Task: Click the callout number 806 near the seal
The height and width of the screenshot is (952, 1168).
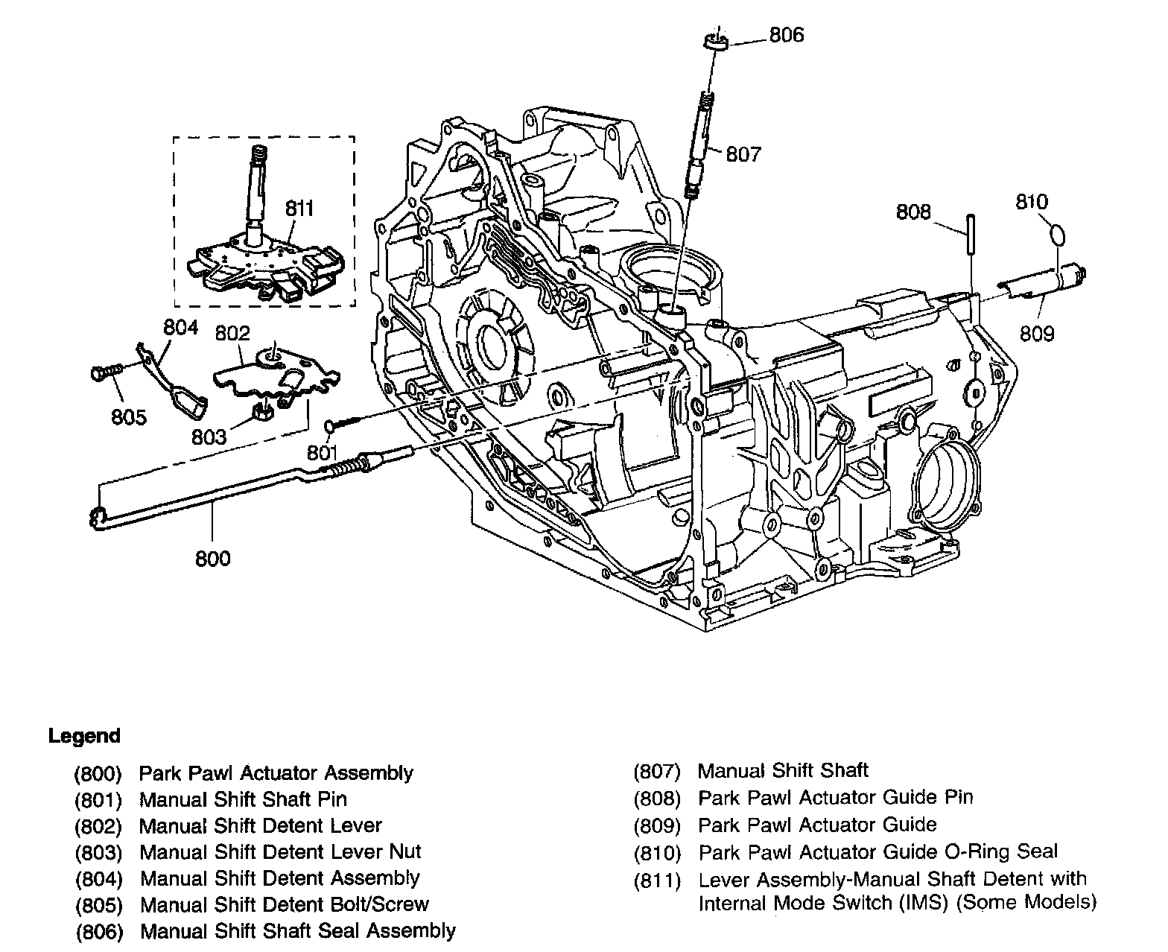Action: pos(786,35)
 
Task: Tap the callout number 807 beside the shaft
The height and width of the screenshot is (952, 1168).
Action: pos(743,154)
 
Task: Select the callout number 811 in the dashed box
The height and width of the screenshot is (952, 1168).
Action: pos(299,209)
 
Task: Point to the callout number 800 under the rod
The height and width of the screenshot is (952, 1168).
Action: pos(212,558)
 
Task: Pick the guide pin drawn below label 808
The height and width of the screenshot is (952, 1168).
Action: pos(971,235)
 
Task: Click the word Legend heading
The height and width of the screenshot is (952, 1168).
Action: pos(84,736)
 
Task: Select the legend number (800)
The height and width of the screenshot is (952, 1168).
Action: pos(98,773)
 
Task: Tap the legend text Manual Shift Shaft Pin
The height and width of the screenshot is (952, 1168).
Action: pos(243,799)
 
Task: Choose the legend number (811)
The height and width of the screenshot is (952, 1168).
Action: pos(657,880)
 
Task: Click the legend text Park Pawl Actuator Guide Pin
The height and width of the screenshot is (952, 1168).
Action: pos(835,798)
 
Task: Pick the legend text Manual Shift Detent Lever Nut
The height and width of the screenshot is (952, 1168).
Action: pos(280,852)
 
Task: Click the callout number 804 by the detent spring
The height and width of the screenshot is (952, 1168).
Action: pos(180,327)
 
